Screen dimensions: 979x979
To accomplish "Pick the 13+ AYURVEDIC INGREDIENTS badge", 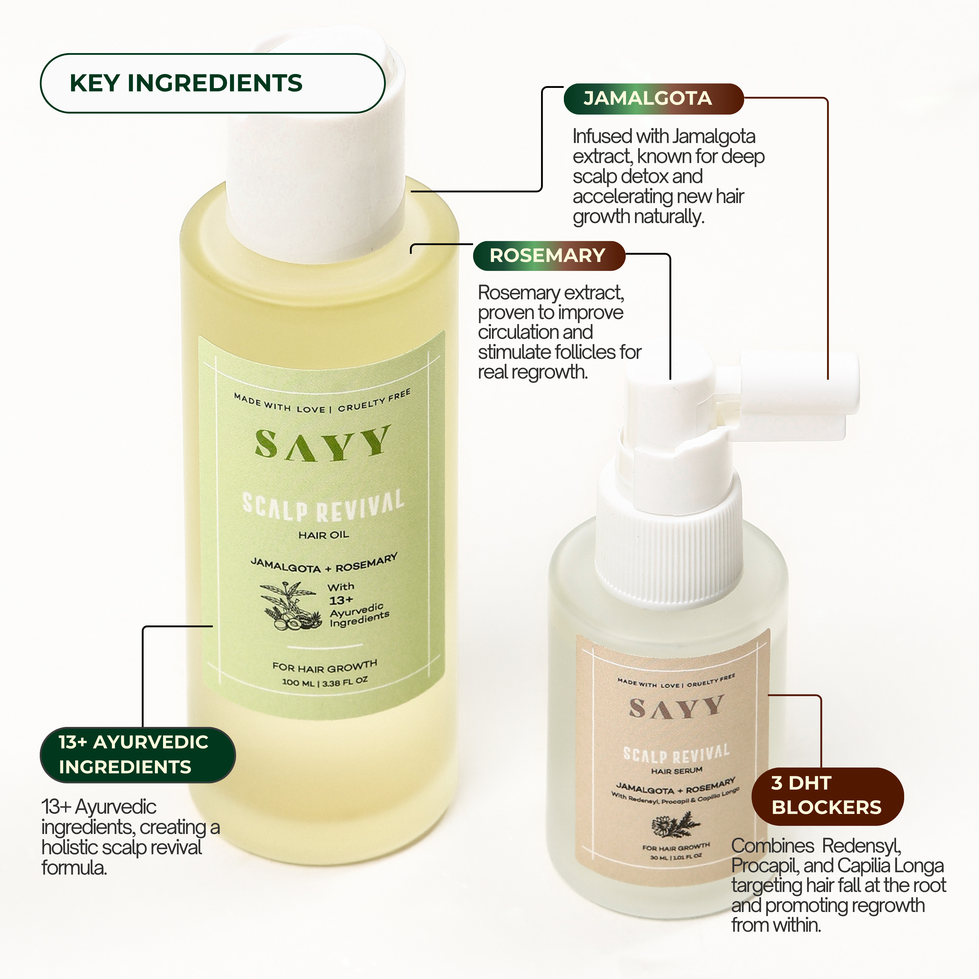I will (x=137, y=754).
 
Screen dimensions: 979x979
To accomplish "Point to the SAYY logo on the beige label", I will (x=676, y=708).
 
